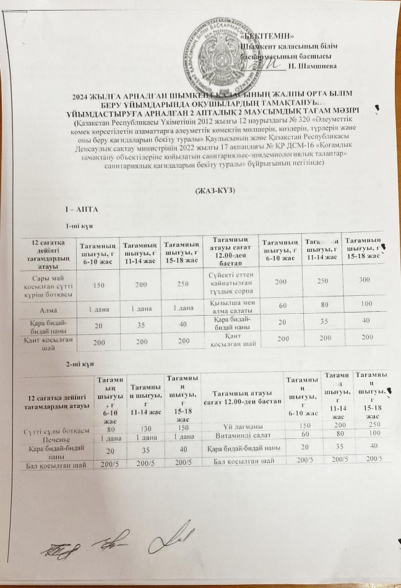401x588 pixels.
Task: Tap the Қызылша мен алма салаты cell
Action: [229, 305]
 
